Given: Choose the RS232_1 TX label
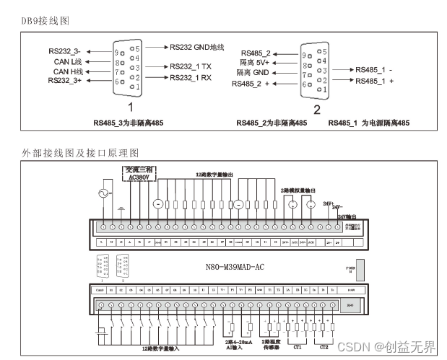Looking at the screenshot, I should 191,66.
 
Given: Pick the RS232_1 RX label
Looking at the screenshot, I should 191,77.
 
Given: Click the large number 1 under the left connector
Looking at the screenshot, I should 131,106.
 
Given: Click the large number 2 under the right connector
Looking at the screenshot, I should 317,109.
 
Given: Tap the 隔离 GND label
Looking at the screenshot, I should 253,73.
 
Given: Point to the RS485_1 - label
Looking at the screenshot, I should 374,70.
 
